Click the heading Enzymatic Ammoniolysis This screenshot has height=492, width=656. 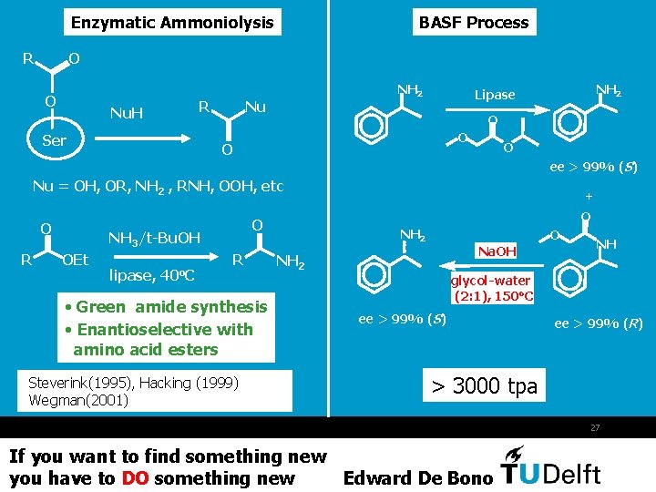tap(172, 23)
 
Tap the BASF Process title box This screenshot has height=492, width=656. tap(474, 23)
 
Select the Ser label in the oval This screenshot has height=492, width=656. tap(54, 140)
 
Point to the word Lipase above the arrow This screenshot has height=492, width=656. tap(495, 95)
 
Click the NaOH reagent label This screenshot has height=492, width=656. tap(497, 251)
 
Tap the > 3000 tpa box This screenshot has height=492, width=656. tap(484, 386)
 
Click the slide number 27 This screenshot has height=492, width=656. tap(595, 426)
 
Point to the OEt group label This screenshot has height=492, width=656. tap(76, 261)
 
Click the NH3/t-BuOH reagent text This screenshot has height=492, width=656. tap(154, 239)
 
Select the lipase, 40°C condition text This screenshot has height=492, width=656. tap(153, 274)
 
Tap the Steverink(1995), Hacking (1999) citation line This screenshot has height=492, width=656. tap(133, 384)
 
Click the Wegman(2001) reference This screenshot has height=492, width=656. tap(78, 400)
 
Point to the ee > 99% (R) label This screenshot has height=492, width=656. tap(599, 323)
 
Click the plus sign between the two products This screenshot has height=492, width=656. tap(589, 196)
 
